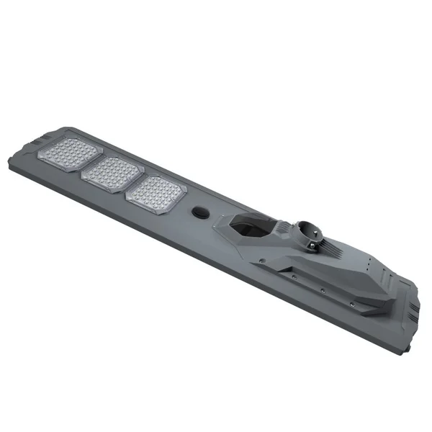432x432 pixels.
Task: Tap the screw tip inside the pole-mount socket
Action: tap(305, 229)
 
